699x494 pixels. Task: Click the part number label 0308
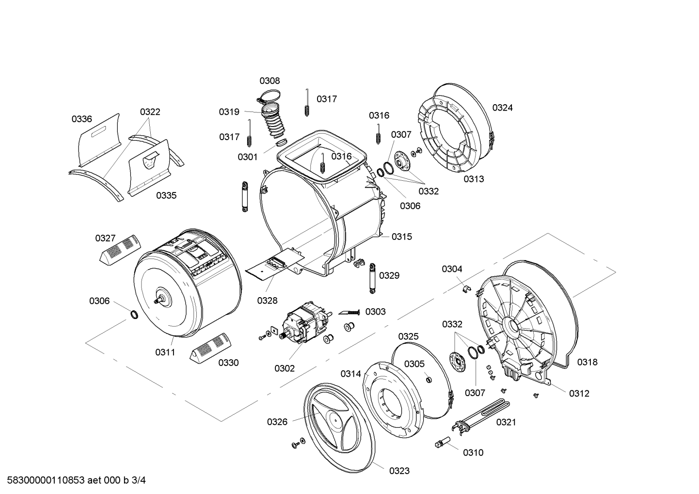(270, 81)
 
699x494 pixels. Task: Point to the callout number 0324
(502, 108)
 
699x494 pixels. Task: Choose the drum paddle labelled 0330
(211, 347)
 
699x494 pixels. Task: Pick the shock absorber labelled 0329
(372, 278)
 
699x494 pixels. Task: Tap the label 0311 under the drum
(165, 352)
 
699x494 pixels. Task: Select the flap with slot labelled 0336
(98, 140)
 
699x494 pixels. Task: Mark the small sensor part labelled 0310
(442, 442)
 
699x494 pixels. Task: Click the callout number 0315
(402, 237)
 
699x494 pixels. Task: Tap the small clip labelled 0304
(465, 289)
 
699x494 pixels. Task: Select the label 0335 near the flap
(166, 196)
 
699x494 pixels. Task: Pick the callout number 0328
(267, 301)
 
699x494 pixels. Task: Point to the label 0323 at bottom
(399, 471)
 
